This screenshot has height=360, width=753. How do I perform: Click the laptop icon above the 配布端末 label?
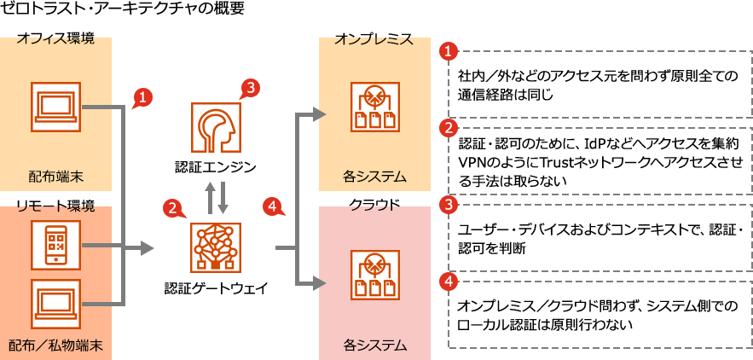56,107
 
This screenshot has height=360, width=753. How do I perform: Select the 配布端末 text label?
56,177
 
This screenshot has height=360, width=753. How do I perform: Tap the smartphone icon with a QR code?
56,246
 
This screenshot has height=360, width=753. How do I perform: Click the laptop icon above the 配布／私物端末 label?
56,305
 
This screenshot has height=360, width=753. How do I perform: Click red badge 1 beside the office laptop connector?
142,96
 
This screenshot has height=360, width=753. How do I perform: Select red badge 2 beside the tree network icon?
173,206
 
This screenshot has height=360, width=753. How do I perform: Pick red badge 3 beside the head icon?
250,87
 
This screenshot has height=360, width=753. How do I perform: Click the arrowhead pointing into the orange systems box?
319,113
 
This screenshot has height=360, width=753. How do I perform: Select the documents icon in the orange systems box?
374,107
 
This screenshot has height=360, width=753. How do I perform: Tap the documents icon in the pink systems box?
374,275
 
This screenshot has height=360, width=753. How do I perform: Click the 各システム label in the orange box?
374,177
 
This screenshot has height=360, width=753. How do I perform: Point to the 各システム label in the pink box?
374,345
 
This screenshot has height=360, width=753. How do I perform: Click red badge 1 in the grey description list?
448,51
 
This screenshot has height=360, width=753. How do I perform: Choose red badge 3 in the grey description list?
448,206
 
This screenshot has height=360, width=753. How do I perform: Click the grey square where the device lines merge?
148,248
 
